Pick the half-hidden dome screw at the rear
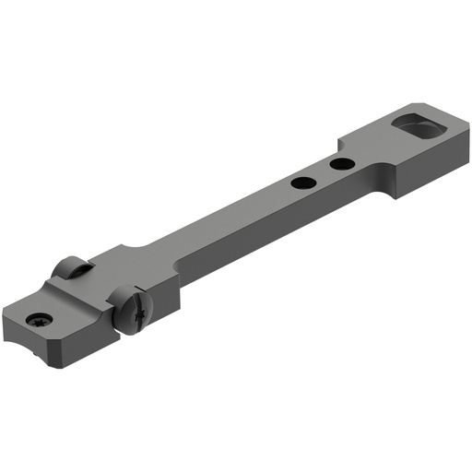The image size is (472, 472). pos(70,268)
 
